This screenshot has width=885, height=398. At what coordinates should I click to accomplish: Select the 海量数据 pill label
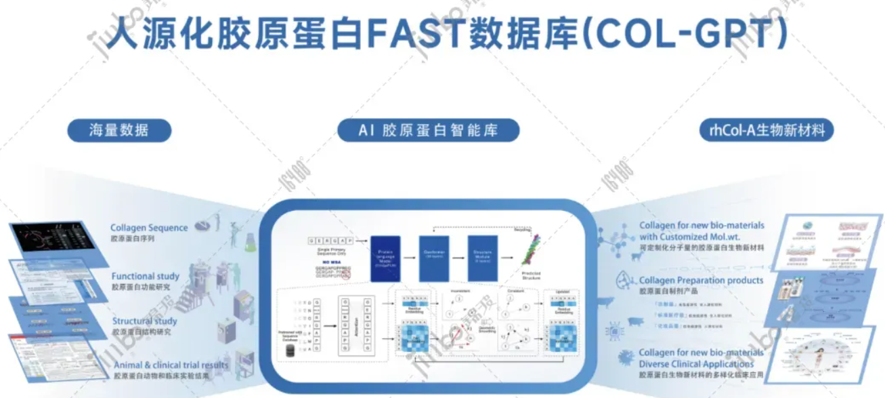[119, 130]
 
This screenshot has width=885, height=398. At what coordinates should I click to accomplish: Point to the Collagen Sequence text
[149, 228]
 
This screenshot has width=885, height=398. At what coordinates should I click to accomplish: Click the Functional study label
[146, 276]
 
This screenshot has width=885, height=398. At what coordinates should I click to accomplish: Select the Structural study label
[145, 321]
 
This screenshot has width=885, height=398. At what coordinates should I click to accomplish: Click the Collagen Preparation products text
[701, 280]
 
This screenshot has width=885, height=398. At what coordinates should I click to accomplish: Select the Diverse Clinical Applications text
[701, 364]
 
